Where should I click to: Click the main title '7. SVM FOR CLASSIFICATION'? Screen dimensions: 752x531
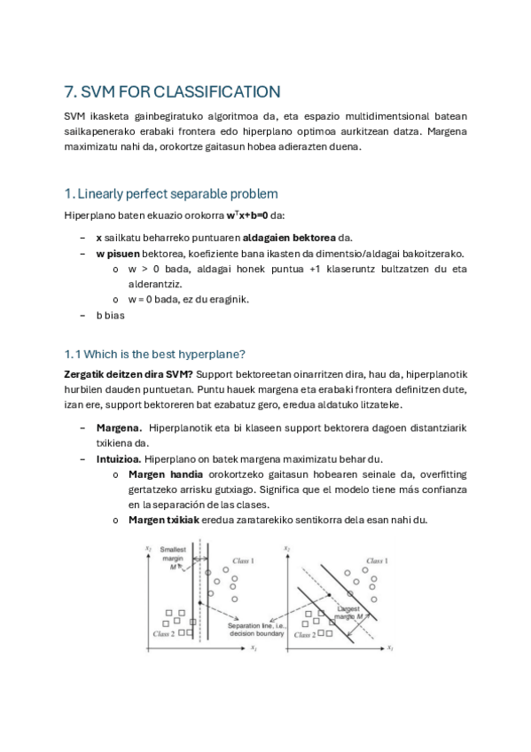[x=173, y=91]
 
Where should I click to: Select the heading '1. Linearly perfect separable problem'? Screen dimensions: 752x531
[x=171, y=193]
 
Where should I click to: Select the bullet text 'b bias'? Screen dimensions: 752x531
[x=111, y=315]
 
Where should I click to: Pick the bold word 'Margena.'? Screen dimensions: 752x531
[x=120, y=428]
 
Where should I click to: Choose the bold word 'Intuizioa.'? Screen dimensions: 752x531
[x=120, y=459]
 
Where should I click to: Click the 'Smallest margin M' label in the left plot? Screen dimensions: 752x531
[x=174, y=560]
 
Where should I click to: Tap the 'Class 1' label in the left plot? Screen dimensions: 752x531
[x=243, y=561]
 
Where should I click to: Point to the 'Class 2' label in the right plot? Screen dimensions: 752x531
[x=304, y=635]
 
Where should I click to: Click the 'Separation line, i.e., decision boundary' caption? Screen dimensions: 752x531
[x=256, y=630]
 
